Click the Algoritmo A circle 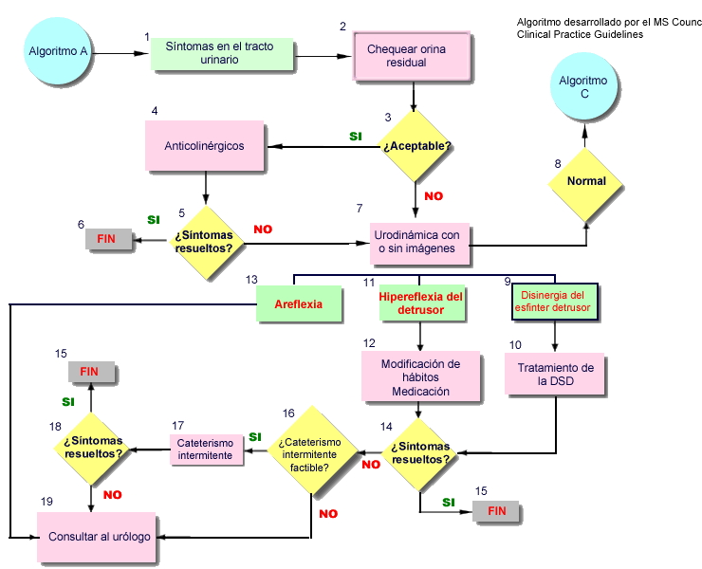58,50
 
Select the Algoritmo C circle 584,86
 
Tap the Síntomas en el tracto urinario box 222,54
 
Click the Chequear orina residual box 412,56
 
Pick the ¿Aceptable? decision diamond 416,146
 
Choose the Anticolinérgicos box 205,145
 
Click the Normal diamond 586,184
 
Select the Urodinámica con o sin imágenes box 419,244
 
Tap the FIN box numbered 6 109,239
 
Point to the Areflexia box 299,303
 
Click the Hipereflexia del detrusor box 422,303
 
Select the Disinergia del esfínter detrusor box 555,302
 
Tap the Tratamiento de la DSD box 555,374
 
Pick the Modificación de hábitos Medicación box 420,376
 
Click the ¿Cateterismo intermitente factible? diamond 312,450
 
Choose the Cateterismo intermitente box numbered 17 207,450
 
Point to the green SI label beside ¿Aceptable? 356,137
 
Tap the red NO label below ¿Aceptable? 434,196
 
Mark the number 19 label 46,502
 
